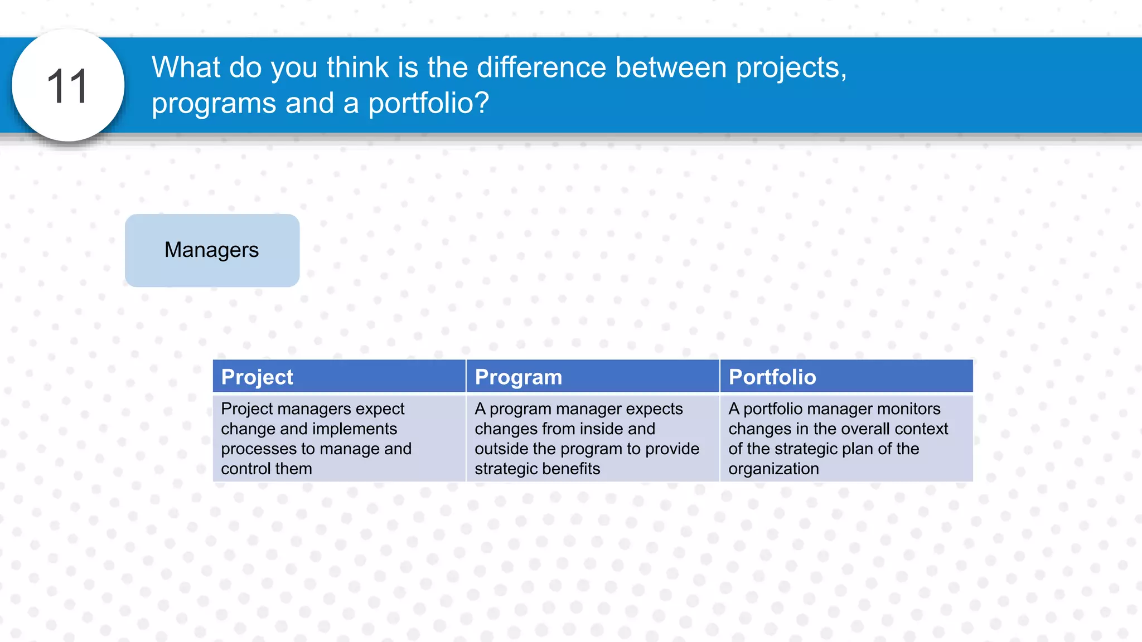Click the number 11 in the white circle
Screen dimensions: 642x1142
click(67, 86)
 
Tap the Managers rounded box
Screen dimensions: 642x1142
click(212, 250)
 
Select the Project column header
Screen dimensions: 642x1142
click(257, 377)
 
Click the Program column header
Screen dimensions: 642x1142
click(518, 377)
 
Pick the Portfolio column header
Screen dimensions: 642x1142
click(772, 377)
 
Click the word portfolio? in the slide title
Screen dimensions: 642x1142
click(428, 104)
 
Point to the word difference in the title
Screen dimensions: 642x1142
click(541, 67)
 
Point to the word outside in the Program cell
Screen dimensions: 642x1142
click(502, 449)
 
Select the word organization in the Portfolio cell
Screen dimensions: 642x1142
click(773, 469)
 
